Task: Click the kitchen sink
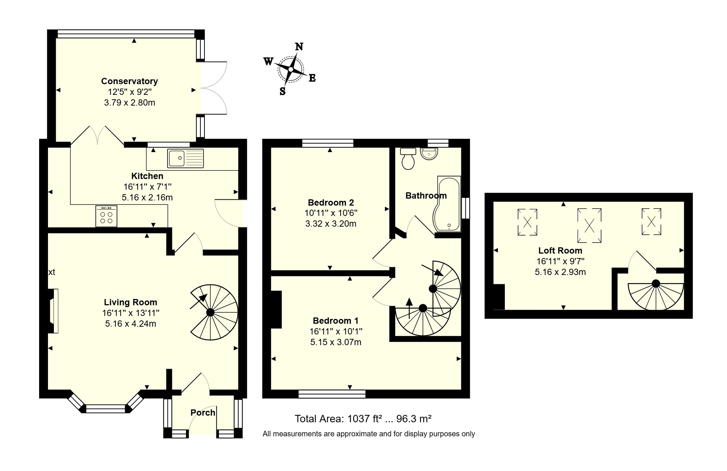tap(185, 158)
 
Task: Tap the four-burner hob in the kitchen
tap(106, 216)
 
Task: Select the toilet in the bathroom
tap(408, 159)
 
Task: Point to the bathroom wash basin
tap(429, 154)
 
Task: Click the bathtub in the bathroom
tap(449, 204)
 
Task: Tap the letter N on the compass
tap(299, 47)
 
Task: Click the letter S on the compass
tap(283, 91)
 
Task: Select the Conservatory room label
tap(130, 81)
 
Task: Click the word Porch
tap(203, 413)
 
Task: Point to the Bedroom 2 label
tap(331, 203)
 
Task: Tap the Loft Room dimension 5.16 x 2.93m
tap(560, 272)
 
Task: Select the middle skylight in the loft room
tap(589, 226)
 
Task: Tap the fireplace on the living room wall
tap(53, 311)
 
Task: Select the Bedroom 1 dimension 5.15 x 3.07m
tap(335, 342)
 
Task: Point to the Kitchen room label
tap(147, 176)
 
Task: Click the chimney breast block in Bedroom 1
tap(276, 309)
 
